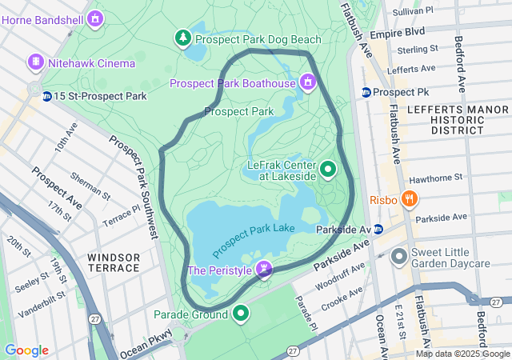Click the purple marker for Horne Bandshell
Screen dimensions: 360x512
pyautogui.click(x=96, y=17)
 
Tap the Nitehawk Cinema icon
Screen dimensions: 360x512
pyautogui.click(x=35, y=62)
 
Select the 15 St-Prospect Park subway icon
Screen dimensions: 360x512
pyautogui.click(x=48, y=96)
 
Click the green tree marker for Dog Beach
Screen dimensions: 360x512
pyautogui.click(x=184, y=38)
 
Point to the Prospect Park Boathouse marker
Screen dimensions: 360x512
pyautogui.click(x=307, y=82)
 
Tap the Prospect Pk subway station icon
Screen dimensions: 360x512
pyautogui.click(x=366, y=92)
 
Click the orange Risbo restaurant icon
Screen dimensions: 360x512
pyautogui.click(x=409, y=198)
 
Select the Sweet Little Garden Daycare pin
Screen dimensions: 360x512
pyautogui.click(x=398, y=257)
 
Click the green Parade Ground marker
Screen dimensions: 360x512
pyautogui.click(x=239, y=313)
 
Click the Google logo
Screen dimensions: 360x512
pyautogui.click(x=26, y=350)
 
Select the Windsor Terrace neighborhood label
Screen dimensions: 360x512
pyautogui.click(x=114, y=262)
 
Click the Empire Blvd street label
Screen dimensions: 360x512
pyautogui.click(x=398, y=34)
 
